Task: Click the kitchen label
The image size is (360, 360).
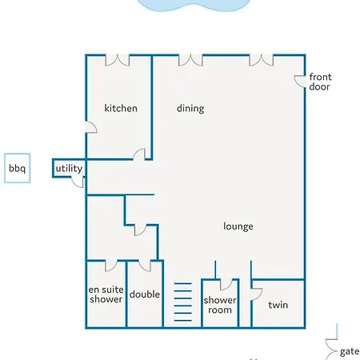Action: point(121,108)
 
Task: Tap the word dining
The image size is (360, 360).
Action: point(190,109)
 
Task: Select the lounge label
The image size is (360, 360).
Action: point(238,226)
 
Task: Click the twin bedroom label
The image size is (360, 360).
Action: point(278,305)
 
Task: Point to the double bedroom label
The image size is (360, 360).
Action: point(145,294)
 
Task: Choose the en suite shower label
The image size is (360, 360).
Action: point(106,294)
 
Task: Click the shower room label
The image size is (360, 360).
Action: point(220,305)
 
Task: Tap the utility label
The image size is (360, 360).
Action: point(69,168)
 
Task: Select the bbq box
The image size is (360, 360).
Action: point(17,168)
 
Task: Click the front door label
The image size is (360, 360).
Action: point(320,82)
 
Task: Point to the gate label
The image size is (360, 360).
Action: point(350,352)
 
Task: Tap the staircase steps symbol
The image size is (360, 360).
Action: point(183,302)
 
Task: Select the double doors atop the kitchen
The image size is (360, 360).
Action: point(118,60)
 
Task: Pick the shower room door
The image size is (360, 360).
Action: point(226,285)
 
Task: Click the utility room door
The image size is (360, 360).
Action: point(78,182)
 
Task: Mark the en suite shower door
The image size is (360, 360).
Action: point(111,266)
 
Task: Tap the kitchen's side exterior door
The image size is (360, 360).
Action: point(91,127)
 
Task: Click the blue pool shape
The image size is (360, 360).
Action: point(194,5)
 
